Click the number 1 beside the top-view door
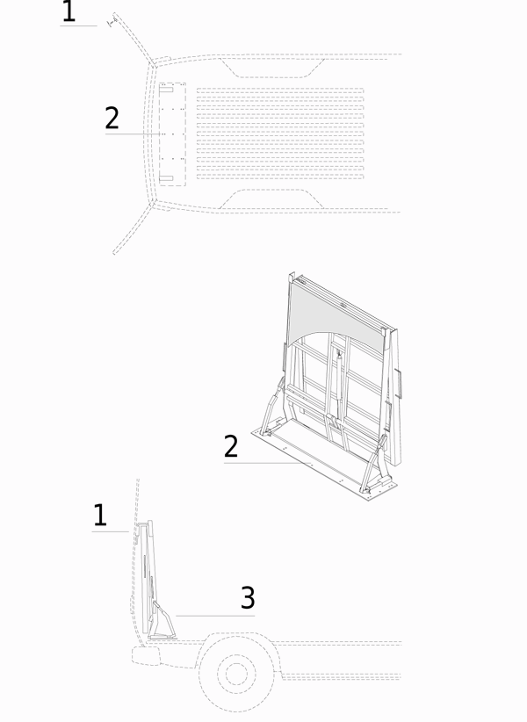coord(69,11)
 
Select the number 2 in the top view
coord(112,118)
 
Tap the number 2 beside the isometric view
coord(231,446)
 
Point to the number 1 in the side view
coord(100,515)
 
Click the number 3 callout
coord(248,597)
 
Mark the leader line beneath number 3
coord(215,616)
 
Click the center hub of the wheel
coord(236,674)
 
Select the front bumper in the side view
coord(146,655)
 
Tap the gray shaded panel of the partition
coord(336,318)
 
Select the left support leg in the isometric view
coord(273,405)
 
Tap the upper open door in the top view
coord(133,39)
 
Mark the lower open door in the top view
coord(133,229)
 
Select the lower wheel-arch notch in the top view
coord(271,199)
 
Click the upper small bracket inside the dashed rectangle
coord(166,90)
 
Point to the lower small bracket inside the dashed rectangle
coord(166,178)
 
